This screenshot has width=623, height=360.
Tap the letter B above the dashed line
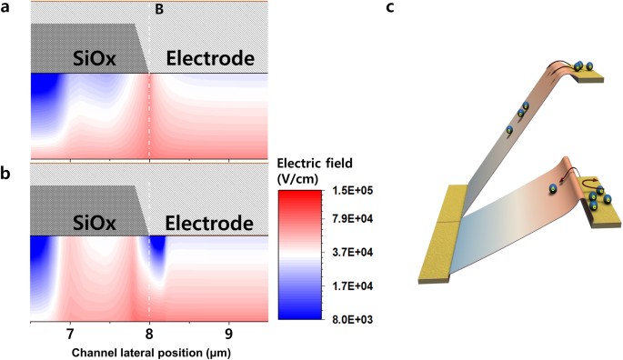[160, 10]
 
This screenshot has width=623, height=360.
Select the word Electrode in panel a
[208, 60]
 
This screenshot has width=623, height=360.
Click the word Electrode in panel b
[208, 223]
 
